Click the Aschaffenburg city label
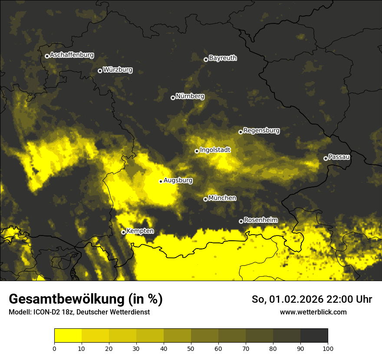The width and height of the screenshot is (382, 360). [x=72, y=55]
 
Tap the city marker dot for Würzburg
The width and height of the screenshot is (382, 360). [x=100, y=71]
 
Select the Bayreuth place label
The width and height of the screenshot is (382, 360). [x=223, y=58]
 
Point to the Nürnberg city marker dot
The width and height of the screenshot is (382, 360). [x=173, y=98]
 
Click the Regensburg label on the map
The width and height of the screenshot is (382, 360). [x=261, y=131]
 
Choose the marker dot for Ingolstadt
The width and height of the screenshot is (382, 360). [x=197, y=151]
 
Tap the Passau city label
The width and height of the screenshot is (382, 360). [x=339, y=157]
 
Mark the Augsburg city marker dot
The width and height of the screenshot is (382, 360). [x=161, y=181]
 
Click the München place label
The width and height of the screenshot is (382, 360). [x=222, y=198]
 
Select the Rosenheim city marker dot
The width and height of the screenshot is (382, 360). [x=241, y=222]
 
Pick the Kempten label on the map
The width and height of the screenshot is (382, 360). [x=140, y=231]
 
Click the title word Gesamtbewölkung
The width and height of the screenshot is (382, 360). [x=67, y=299]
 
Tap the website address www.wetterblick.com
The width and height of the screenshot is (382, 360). [x=313, y=312]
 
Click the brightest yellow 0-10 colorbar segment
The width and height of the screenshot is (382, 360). [x=68, y=336]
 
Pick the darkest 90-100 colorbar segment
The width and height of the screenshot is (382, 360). [x=314, y=336]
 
